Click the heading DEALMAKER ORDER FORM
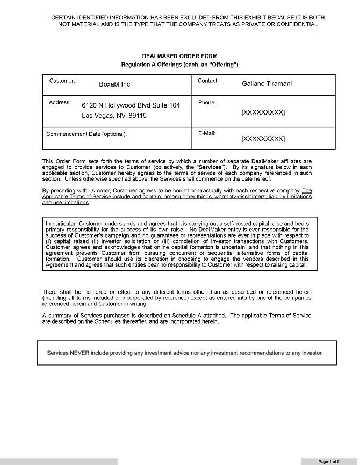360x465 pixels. pos(179,56)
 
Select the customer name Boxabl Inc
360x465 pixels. pos(114,84)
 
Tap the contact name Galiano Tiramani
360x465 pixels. pos(267,84)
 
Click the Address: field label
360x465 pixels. pos(60,102)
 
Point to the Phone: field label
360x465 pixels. pos(207,102)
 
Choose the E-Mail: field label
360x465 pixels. pos(207,133)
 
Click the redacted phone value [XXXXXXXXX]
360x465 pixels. pos(263,112)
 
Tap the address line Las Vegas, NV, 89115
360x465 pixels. pos(114,116)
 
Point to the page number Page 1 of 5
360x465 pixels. pos(329,461)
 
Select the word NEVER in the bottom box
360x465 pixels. pos(79,353)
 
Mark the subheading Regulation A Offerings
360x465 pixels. pos(179,65)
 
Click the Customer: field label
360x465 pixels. pos(63,81)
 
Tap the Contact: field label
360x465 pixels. pos(208,81)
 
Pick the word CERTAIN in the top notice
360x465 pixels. pos(63,17)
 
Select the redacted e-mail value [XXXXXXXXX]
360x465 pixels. pos(263,139)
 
